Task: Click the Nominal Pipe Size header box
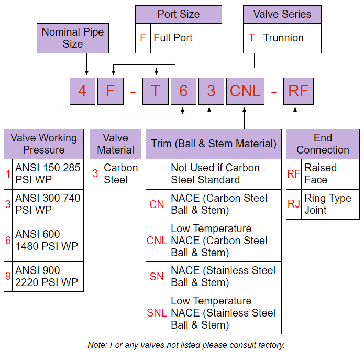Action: coord(73,38)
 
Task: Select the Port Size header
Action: coord(179,15)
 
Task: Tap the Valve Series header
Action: coord(282,15)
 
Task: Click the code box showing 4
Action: coord(82,91)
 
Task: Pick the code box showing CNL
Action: coord(245,91)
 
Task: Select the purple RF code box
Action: coord(299,91)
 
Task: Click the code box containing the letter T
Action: coord(156,91)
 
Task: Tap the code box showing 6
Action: coord(183,91)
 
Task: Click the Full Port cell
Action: coord(173,38)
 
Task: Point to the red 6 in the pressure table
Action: coord(8,241)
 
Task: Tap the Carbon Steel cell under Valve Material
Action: coord(121,174)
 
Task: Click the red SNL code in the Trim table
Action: coord(157,313)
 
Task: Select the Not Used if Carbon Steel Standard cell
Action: coord(224,174)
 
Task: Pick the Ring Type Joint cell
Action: coord(330,204)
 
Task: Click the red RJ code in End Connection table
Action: coord(294,204)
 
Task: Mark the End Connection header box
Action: coord(323,144)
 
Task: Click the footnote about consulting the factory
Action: coord(186,345)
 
